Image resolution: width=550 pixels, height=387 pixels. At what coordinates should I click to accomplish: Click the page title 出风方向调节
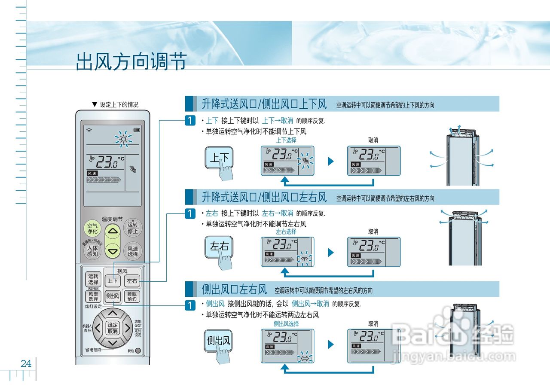[x=131, y=62]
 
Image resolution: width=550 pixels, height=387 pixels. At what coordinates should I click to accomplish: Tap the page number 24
[x=26, y=364]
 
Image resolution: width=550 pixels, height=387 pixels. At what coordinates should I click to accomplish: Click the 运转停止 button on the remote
[x=133, y=228]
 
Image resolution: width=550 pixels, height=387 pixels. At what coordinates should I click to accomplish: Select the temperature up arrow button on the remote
[x=113, y=231]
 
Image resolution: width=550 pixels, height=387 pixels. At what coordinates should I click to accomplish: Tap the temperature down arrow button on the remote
[x=113, y=250]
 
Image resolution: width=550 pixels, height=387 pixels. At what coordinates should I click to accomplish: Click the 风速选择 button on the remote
[x=133, y=251]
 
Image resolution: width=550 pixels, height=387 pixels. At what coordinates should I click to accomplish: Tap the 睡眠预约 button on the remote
[x=132, y=296]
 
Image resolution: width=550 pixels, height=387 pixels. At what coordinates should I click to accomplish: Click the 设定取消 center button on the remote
[x=113, y=328]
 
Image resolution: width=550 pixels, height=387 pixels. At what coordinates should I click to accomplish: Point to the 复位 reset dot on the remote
[x=138, y=350]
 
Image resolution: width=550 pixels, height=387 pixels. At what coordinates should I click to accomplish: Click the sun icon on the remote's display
[x=124, y=139]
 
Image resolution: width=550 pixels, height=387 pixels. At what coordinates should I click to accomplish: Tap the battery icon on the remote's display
[x=137, y=130]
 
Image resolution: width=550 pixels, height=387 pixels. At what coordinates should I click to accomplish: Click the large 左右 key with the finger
[x=219, y=247]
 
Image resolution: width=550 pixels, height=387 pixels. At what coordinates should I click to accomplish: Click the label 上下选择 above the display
[x=286, y=140]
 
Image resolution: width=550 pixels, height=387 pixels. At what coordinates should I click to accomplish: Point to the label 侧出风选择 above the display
[x=286, y=323]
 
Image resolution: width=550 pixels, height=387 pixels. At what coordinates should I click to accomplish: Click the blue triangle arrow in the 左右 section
[x=330, y=253]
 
